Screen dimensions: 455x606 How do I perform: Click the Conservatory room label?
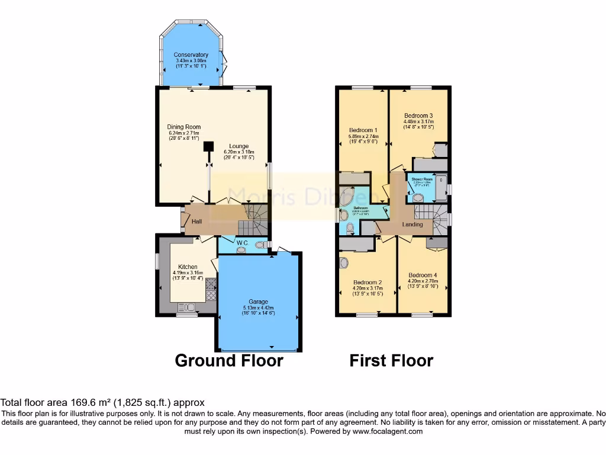coord(191,55)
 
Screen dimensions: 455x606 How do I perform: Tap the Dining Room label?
coord(183,127)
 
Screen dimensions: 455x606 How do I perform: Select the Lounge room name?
coord(240,146)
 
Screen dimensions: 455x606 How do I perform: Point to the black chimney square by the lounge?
coord(208,146)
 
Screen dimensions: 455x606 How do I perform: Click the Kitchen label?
coord(188,267)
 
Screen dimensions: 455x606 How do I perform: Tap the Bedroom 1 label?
coord(363,130)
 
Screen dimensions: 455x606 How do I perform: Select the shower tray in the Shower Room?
coord(440,187)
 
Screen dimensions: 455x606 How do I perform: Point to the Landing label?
coord(412,225)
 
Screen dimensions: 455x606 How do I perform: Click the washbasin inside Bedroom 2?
coord(344,262)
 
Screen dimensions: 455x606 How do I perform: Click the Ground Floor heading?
coord(229,360)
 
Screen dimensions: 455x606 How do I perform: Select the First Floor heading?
coord(391,360)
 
